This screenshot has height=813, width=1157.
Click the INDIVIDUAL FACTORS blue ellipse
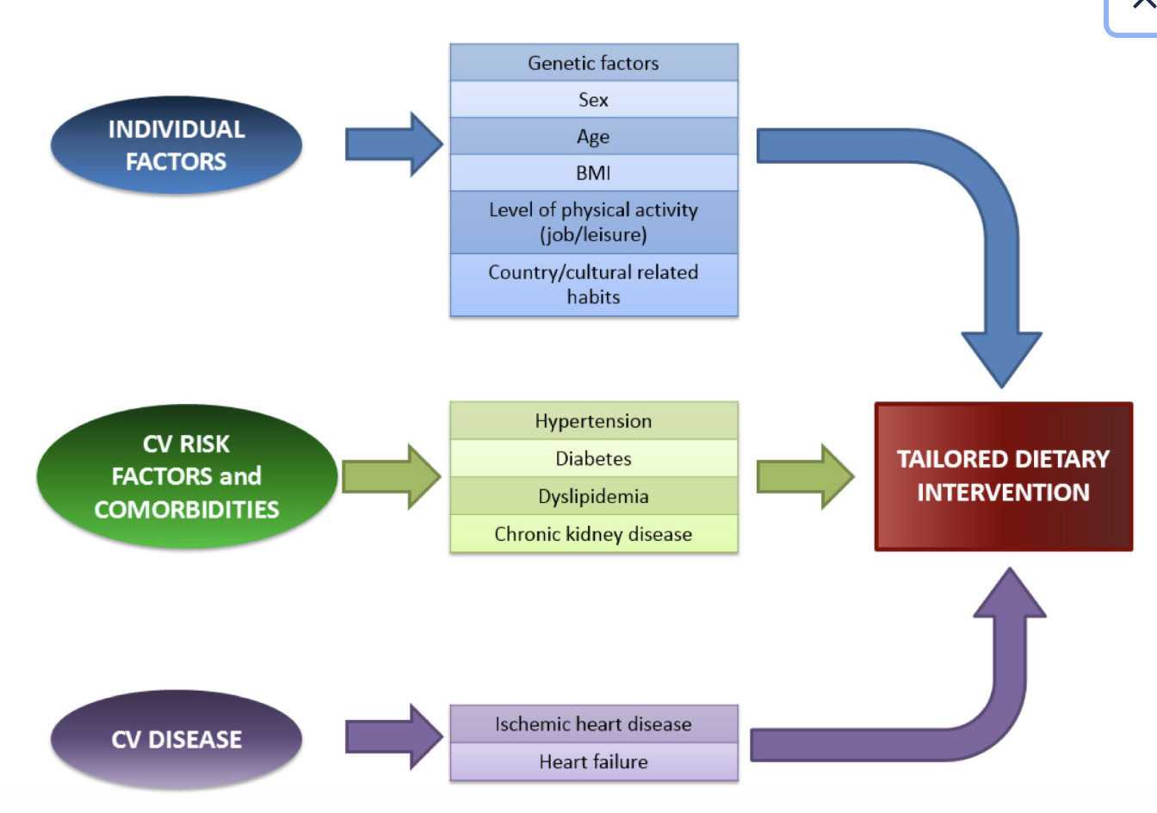[176, 145]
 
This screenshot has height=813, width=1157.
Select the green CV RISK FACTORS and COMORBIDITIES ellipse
[186, 476]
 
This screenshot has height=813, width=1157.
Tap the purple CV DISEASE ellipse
[176, 739]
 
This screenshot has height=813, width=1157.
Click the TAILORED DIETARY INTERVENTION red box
[1003, 476]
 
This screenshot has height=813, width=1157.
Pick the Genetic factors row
[593, 63]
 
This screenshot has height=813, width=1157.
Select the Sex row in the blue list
[593, 100]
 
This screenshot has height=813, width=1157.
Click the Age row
[593, 136]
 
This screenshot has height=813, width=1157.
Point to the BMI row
[593, 173]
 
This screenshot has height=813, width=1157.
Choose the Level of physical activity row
[593, 222]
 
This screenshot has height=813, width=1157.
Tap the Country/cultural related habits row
[593, 284]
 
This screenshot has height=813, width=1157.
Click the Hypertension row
[593, 421]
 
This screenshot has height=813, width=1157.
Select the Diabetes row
[593, 458]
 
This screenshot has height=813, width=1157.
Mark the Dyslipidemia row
[593, 496]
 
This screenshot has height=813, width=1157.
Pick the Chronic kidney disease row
[593, 534]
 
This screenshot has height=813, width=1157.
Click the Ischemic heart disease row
[593, 724]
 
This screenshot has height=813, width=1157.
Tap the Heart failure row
[593, 761]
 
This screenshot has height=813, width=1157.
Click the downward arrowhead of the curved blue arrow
[1001, 357]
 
